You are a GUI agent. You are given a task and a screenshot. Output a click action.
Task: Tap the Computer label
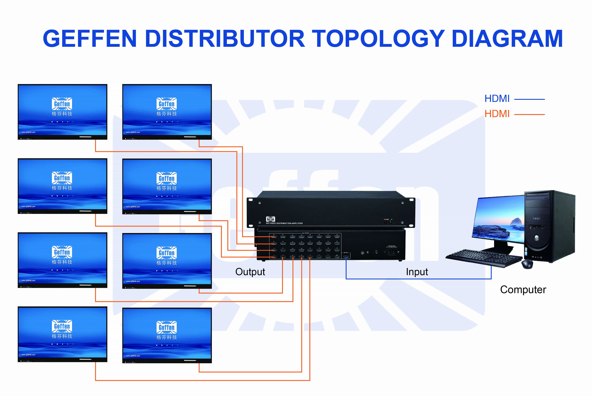point(523,290)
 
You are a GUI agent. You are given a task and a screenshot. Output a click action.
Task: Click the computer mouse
point(527,264)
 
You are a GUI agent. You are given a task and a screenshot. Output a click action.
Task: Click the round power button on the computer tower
point(537,237)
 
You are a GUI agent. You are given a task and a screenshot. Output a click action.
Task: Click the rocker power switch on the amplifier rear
point(376,252)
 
